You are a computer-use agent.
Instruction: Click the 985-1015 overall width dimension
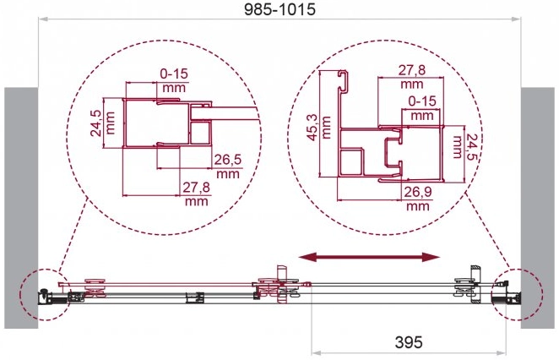tap(279, 9)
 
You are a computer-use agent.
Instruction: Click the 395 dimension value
tap(409, 342)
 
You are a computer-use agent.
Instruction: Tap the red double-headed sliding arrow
tap(369, 257)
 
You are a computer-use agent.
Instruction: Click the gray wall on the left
tap(21, 208)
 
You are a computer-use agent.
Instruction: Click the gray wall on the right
tap(538, 208)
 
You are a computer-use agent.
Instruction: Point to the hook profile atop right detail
tap(343, 81)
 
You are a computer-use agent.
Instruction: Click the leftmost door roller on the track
tap(95, 287)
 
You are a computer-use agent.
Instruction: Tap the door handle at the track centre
tap(282, 284)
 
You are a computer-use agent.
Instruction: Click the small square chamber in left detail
tap(200, 133)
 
